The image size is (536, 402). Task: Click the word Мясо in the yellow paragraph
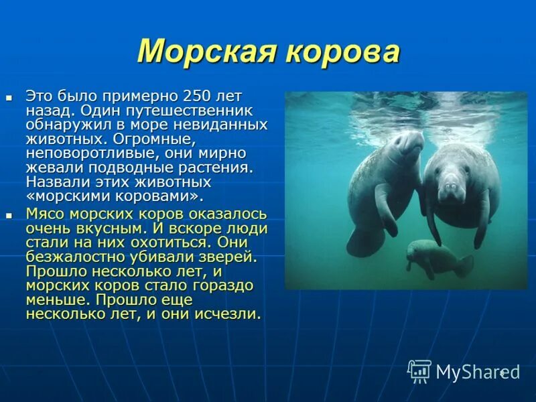[45, 214]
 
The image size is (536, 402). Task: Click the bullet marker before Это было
[9, 98]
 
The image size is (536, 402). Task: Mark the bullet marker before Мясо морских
[9, 215]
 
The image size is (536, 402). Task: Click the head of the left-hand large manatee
[405, 144]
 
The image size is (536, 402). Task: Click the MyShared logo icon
[419, 371]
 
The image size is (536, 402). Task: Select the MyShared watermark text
[476, 372]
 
